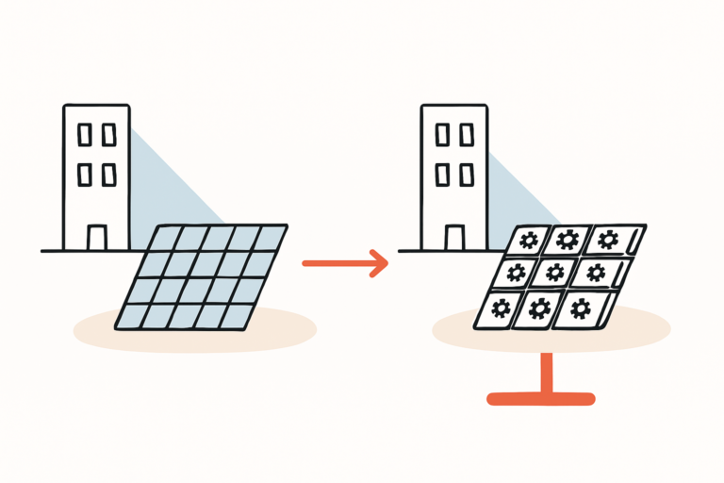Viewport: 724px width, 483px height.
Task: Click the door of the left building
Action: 97,237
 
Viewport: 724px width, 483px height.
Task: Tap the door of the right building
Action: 454,237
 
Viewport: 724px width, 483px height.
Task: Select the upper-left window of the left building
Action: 84,135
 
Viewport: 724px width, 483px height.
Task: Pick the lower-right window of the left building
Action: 109,175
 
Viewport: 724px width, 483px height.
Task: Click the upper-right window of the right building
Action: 467,135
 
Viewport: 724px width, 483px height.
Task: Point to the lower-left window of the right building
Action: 441,175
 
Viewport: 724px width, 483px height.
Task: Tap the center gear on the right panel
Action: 555,274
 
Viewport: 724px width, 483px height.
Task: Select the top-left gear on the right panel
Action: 529,241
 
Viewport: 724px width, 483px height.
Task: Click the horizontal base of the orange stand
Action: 541,399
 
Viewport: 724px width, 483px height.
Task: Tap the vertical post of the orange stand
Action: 544,372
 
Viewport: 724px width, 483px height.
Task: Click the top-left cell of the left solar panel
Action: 170,236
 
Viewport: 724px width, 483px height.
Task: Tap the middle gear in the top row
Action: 567,240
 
